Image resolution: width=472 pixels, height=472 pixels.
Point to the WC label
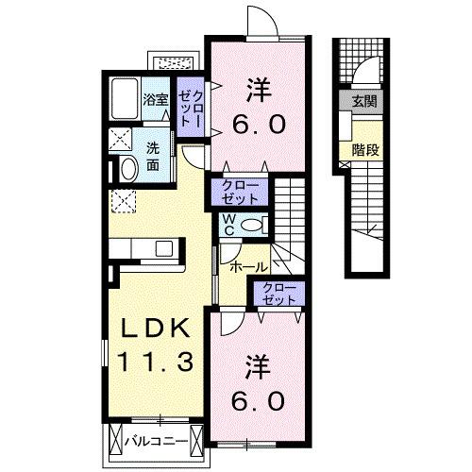click(228, 225)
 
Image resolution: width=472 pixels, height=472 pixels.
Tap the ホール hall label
click(248, 266)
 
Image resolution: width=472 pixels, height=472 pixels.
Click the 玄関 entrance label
click(364, 102)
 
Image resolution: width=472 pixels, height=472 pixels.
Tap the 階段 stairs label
click(364, 148)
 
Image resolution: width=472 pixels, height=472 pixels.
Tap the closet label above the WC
click(242, 192)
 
